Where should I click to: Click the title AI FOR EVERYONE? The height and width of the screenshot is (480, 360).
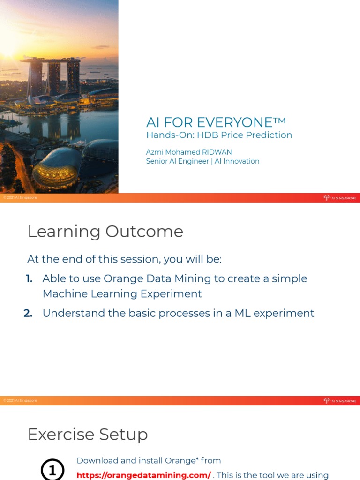pyautogui.click(x=209, y=122)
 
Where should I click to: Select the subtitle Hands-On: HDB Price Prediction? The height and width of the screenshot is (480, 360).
pyautogui.click(x=219, y=135)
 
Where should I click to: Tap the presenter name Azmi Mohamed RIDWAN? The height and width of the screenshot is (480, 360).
pyautogui.click(x=189, y=152)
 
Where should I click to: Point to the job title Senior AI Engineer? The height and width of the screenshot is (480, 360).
pyautogui.click(x=178, y=161)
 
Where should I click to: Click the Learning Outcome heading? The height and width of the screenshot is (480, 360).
pyautogui.click(x=105, y=232)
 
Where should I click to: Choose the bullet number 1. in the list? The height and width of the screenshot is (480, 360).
pyautogui.click(x=29, y=278)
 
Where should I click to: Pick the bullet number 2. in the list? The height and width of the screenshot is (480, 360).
pyautogui.click(x=28, y=313)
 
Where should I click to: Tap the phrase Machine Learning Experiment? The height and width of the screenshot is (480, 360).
pyautogui.click(x=122, y=294)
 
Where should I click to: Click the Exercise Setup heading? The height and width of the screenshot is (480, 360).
pyautogui.click(x=88, y=435)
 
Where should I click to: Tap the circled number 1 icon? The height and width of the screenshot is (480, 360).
pyautogui.click(x=52, y=469)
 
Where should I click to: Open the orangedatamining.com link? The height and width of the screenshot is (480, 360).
pyautogui.click(x=143, y=475)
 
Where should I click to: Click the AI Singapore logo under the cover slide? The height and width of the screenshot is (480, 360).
pyautogui.click(x=339, y=198)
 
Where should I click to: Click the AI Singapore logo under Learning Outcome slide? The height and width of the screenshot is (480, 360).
pyautogui.click(x=339, y=401)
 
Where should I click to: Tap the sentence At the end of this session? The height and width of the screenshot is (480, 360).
pyautogui.click(x=124, y=259)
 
